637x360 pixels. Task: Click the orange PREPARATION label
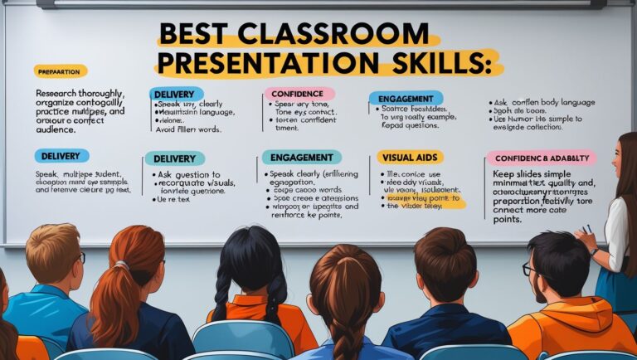coord(61,71)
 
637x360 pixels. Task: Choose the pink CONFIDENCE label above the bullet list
coord(299,94)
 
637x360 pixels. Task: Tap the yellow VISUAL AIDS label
coord(410,157)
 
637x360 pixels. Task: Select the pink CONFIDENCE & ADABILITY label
coord(541,157)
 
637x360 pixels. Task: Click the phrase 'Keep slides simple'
coord(532,175)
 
